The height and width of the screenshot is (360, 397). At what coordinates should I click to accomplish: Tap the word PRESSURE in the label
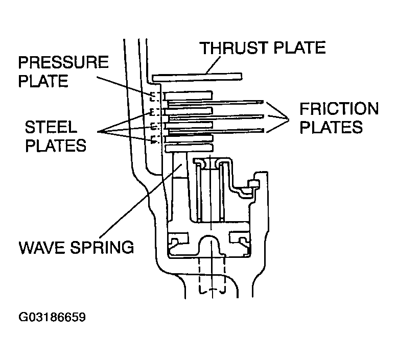(x=63, y=62)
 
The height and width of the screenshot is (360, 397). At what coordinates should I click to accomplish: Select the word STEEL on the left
(x=51, y=127)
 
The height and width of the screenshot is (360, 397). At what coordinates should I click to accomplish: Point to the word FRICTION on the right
(x=339, y=109)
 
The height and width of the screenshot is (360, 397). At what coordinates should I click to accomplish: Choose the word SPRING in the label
(x=102, y=247)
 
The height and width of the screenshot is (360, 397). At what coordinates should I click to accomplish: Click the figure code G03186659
(x=52, y=317)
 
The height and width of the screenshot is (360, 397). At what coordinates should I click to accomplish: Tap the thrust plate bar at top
(x=197, y=78)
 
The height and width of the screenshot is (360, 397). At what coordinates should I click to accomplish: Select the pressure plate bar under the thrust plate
(x=188, y=95)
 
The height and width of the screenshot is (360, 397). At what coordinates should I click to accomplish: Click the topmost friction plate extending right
(x=215, y=103)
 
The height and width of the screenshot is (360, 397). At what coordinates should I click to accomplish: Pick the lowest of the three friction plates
(x=216, y=131)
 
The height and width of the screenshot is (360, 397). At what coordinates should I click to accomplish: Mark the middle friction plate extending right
(x=216, y=117)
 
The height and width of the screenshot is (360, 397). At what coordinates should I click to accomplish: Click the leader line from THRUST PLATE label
(x=213, y=65)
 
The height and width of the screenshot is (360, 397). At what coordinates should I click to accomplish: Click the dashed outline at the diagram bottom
(x=212, y=276)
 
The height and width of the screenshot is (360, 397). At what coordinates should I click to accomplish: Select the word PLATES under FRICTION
(x=331, y=127)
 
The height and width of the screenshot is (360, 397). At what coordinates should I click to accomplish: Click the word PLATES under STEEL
(x=56, y=146)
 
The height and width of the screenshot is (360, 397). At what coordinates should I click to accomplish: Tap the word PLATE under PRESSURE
(x=43, y=81)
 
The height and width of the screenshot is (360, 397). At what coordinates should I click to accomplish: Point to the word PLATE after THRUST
(x=299, y=48)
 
